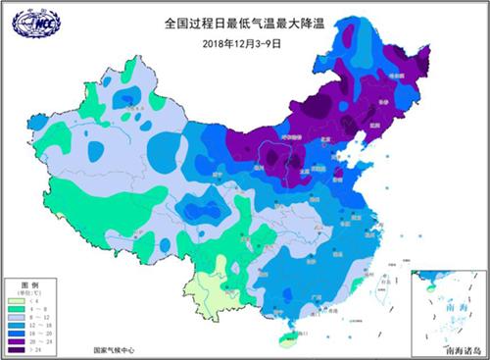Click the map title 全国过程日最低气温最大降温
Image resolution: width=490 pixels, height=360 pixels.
point(245,21)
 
